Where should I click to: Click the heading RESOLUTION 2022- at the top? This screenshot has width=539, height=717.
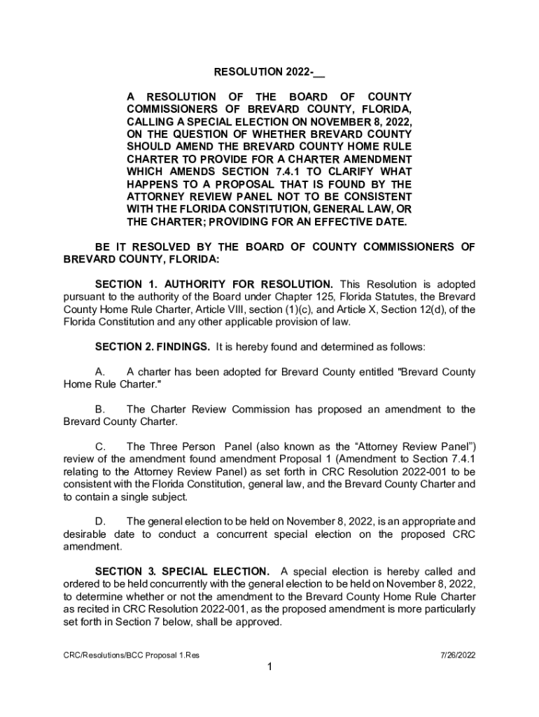coord(269,71)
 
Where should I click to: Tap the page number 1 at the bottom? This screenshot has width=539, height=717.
coord(269,667)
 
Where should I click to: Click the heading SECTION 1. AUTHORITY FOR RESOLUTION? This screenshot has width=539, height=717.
coord(213,284)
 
